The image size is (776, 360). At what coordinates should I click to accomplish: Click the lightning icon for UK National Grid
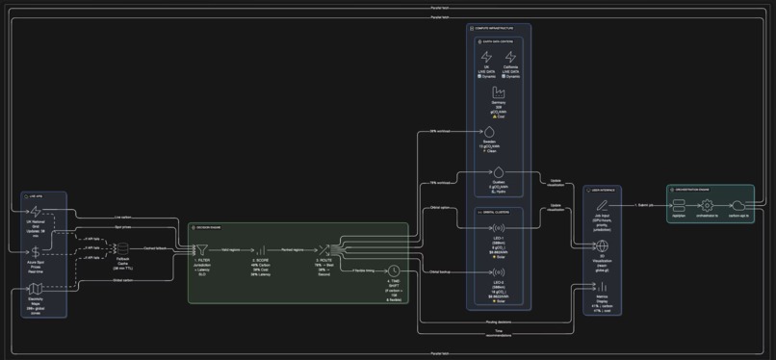36,211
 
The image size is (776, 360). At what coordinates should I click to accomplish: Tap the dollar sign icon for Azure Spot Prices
36,251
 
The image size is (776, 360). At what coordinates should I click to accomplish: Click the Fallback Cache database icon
122,248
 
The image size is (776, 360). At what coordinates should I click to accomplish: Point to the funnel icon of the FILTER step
202,250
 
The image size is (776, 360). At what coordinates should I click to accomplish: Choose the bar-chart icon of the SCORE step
260,250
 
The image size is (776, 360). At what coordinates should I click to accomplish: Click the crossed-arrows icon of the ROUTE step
324,250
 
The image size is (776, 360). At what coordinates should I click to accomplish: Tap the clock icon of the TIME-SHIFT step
394,271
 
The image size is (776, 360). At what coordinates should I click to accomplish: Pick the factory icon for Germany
499,92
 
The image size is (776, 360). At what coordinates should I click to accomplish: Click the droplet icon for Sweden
489,131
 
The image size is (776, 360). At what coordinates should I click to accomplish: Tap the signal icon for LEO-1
499,228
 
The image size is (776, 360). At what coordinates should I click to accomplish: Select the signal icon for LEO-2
499,272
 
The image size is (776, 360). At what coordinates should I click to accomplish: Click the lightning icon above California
511,59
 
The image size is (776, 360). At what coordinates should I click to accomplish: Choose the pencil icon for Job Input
602,206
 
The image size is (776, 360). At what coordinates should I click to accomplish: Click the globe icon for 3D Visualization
602,246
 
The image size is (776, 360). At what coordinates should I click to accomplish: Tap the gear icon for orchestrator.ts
707,206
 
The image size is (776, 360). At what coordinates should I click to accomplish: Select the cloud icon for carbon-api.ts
738,206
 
